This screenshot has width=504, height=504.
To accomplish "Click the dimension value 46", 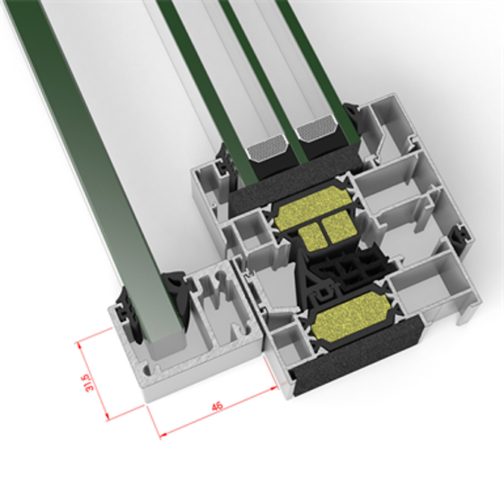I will (x=217, y=407).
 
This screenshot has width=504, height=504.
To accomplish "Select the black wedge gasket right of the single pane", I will (x=180, y=296).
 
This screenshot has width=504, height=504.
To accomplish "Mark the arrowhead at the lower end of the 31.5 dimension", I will (x=109, y=417).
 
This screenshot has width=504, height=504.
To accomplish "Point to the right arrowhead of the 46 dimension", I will (x=274, y=388).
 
